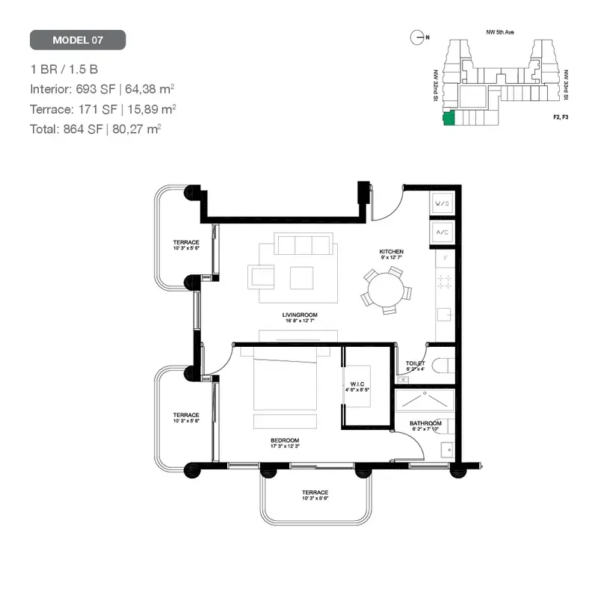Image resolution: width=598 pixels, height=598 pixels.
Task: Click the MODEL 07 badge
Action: [78, 40]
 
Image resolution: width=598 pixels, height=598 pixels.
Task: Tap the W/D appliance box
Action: [442, 203]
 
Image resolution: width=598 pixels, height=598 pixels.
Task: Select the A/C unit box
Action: [442, 233]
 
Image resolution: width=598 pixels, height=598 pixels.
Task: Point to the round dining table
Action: [386, 287]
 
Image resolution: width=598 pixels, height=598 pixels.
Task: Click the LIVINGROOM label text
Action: [300, 316]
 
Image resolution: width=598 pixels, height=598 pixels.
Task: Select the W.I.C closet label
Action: [357, 386]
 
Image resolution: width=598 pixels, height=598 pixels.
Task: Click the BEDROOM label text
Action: [285, 440]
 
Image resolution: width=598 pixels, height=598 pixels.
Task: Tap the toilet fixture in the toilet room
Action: [443, 366]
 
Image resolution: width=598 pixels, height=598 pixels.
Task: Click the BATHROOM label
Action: [425, 424]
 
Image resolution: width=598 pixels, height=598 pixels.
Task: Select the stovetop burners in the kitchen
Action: [445, 282]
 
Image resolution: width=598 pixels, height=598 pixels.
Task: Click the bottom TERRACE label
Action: [315, 493]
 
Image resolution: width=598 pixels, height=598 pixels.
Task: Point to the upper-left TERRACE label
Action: [186, 243]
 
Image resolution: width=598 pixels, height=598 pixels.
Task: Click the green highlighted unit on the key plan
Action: [448, 118]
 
